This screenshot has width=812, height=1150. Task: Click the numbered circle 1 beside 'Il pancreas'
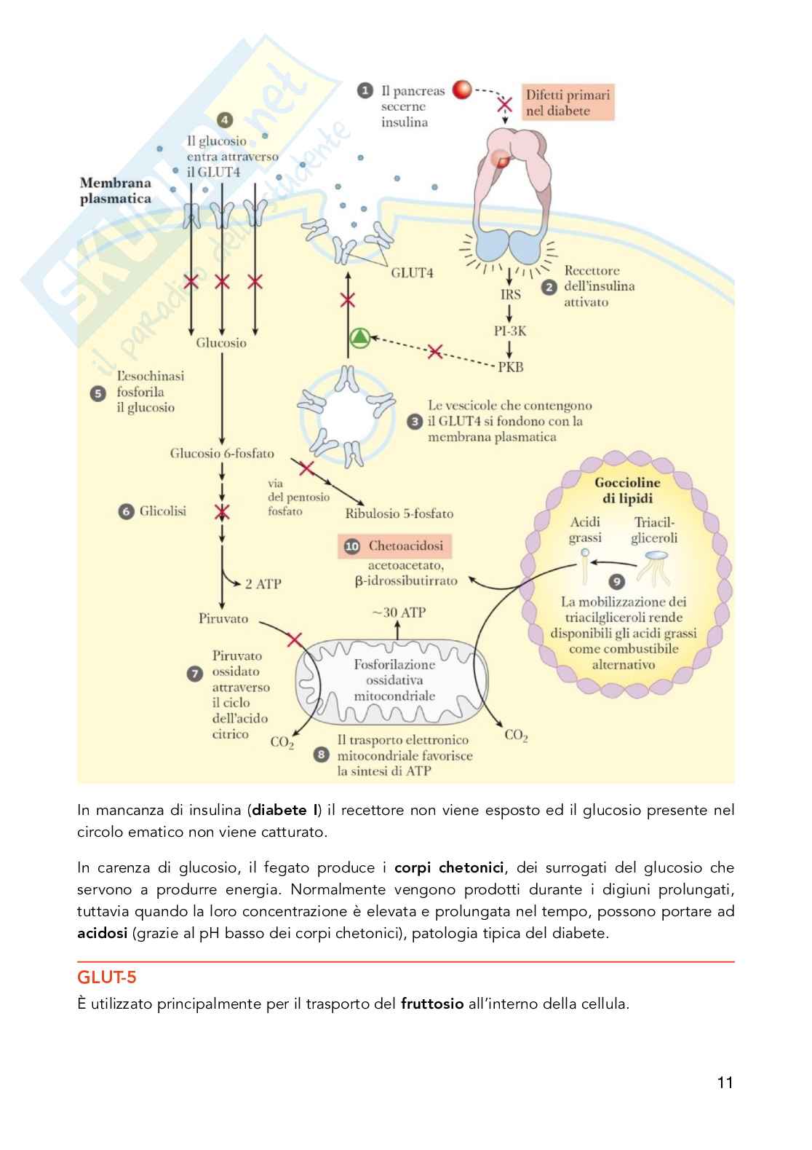point(365,91)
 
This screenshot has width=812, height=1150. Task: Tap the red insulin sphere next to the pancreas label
point(462,90)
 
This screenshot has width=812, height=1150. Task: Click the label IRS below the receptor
point(510,294)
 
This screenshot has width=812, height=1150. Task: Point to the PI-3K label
point(510,331)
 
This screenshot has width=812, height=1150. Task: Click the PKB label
point(510,367)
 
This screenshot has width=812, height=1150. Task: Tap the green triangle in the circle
point(359,337)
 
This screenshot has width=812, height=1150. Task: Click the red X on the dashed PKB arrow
point(434,352)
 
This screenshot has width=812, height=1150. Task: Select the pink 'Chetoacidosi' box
point(395,546)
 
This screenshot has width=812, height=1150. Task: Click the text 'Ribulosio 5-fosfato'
point(399,513)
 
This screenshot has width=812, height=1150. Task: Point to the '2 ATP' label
point(263,583)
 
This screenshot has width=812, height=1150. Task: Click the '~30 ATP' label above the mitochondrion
point(398,613)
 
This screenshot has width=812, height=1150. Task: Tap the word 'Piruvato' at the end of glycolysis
point(223,618)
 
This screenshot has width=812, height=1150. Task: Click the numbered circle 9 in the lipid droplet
point(617,581)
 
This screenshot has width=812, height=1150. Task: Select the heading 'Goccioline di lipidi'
point(627,490)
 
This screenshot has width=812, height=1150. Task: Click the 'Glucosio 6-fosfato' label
point(222,453)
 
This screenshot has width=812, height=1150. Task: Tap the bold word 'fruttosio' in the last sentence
point(432,1004)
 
